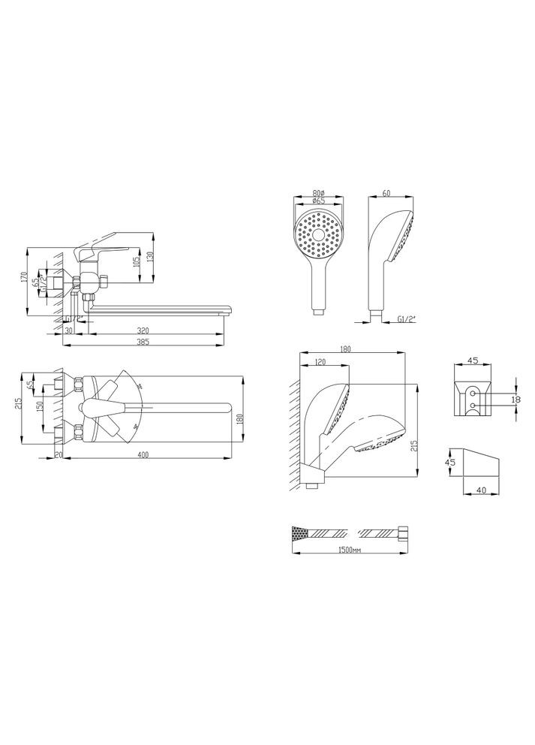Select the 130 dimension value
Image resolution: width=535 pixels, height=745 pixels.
pyautogui.click(x=151, y=256)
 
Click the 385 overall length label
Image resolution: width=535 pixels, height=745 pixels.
pyautogui.click(x=141, y=342)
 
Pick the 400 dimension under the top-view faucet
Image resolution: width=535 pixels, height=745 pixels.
pyautogui.click(x=143, y=454)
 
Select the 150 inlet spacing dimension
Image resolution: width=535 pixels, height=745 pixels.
pyautogui.click(x=41, y=406)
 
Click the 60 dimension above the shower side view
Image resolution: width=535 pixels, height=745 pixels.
pyautogui.click(x=386, y=193)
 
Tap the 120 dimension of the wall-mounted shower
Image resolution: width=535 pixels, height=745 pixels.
pyautogui.click(x=320, y=362)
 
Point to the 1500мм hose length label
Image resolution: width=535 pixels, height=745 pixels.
pyautogui.click(x=350, y=550)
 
